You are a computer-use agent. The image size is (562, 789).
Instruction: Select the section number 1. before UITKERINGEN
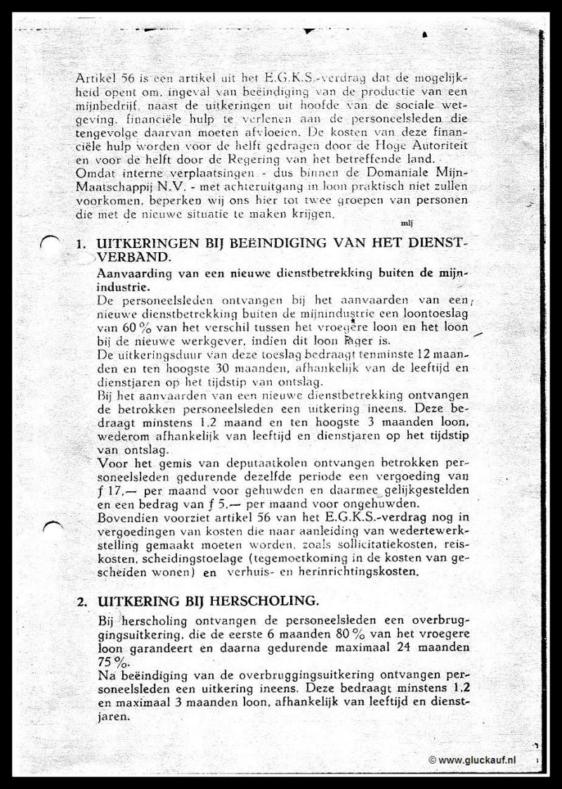81,244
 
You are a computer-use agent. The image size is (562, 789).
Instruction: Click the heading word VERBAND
125,257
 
